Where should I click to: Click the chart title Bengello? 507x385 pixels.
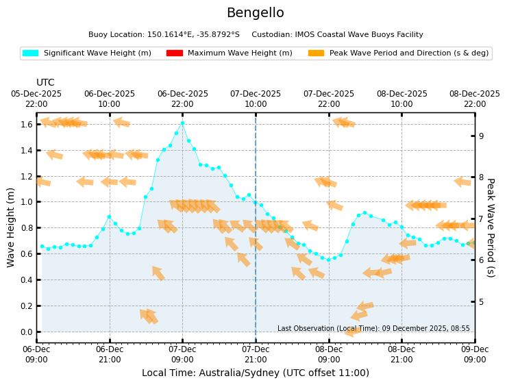click(255, 13)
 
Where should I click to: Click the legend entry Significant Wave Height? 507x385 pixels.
click(97, 53)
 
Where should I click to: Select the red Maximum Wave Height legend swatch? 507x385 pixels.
click(174, 53)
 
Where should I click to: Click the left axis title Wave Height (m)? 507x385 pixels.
click(12, 227)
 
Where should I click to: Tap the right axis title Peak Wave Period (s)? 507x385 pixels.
click(491, 227)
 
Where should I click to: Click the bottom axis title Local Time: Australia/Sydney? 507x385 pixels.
click(255, 373)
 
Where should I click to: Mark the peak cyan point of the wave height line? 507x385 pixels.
click(182, 123)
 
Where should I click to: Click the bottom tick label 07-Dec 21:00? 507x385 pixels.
click(256, 354)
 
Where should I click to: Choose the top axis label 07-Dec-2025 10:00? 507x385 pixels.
click(256, 99)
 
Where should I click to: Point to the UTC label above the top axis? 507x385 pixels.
click(45, 82)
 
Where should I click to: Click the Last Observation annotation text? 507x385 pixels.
click(373, 329)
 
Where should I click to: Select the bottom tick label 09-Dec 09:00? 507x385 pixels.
click(474, 354)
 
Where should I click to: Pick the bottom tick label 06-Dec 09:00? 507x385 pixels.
click(36, 354)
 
